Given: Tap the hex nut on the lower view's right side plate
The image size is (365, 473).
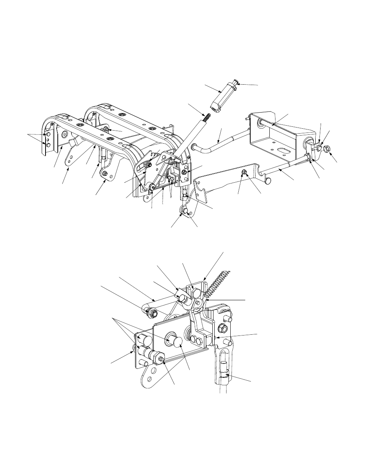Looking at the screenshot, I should [x=223, y=328].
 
